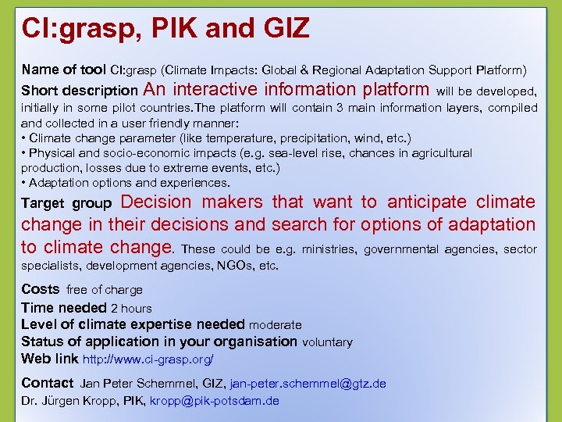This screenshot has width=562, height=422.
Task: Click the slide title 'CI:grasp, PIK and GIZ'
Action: click(165, 29)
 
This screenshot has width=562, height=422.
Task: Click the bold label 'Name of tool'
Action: click(64, 70)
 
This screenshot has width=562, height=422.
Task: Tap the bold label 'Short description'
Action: click(80, 91)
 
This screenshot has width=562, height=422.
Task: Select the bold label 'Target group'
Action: click(66, 204)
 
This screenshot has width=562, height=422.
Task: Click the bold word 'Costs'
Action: click(40, 289)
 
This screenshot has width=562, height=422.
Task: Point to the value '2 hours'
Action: click(131, 309)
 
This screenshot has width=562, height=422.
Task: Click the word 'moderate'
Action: click(276, 325)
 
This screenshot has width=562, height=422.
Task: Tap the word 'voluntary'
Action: click(327, 342)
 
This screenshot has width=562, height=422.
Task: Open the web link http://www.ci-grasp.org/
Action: click(148, 359)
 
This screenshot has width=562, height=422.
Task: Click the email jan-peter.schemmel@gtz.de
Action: click(308, 384)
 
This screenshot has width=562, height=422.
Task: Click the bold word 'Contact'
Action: click(47, 383)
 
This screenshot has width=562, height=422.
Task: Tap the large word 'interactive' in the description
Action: click(214, 89)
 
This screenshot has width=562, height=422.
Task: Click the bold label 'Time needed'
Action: click(64, 308)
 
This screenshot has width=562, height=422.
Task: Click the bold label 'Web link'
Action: click(50, 359)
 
